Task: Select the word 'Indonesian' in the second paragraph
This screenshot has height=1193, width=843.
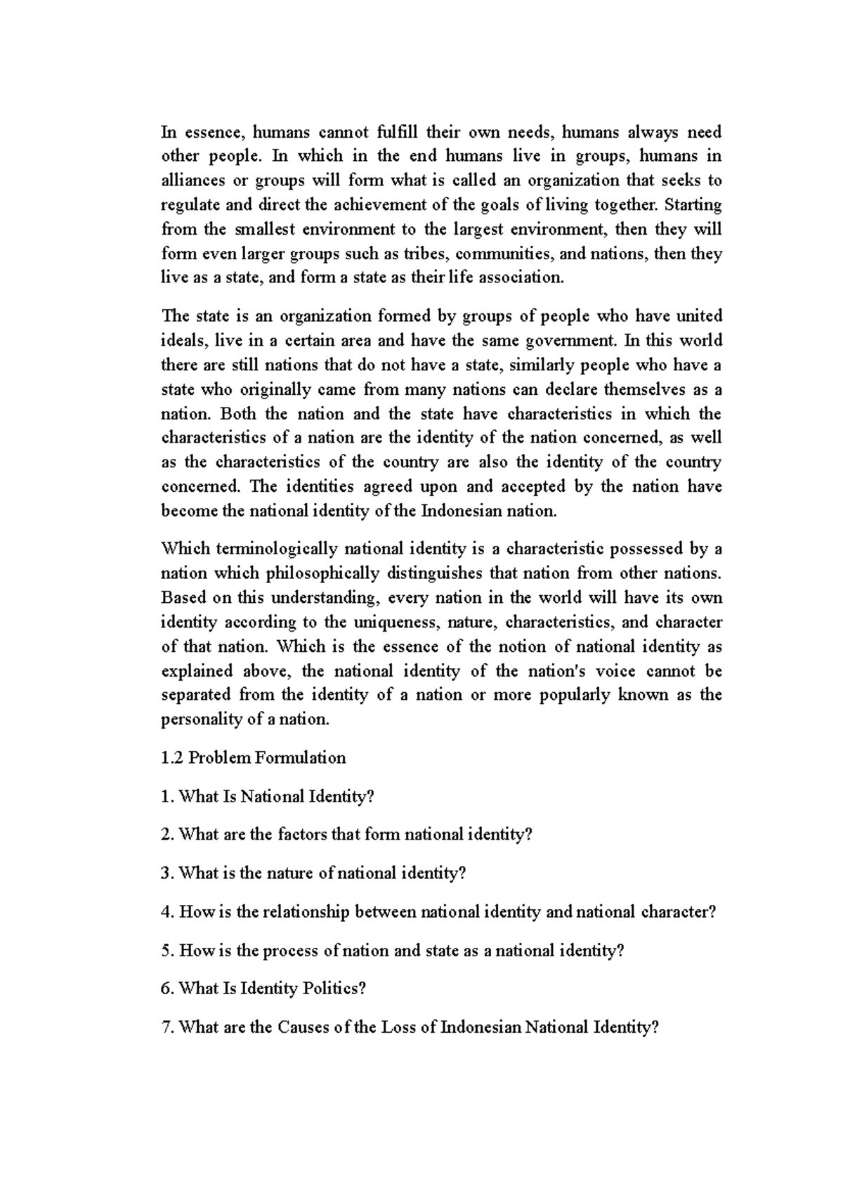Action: tap(457, 511)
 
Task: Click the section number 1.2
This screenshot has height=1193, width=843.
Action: tap(172, 758)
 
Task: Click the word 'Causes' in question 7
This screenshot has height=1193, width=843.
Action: tap(303, 1027)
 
